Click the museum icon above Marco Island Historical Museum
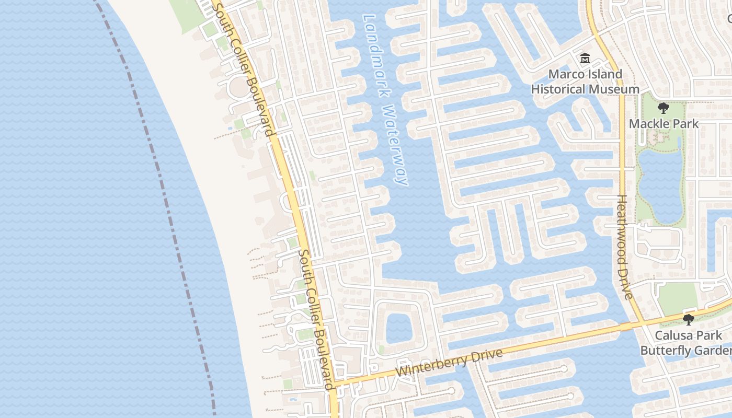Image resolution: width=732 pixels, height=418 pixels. [585, 59]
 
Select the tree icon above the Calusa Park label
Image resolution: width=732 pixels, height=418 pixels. [689, 319]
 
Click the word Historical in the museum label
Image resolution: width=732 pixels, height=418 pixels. [558, 89]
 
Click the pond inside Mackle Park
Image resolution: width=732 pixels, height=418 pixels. [659, 185]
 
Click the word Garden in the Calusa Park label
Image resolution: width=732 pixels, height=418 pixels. [714, 350]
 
